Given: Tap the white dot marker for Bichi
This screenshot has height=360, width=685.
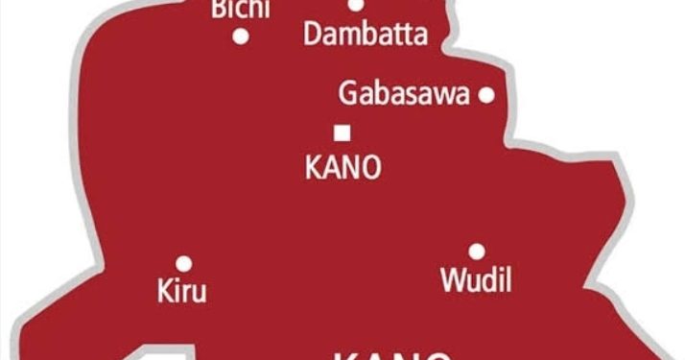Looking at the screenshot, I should [241, 37].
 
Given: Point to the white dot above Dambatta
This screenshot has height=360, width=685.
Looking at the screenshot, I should [355, 5].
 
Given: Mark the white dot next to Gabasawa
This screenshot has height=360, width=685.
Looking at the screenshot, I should [486, 94].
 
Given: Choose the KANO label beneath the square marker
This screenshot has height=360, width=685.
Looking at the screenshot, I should [342, 167].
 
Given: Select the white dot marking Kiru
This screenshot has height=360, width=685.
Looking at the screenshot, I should [183, 262].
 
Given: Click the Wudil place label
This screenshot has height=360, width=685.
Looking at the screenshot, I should [476, 280].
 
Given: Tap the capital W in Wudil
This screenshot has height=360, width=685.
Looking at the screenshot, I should [450, 280].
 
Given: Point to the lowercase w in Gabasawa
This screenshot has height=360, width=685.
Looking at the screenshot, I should [444, 96].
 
